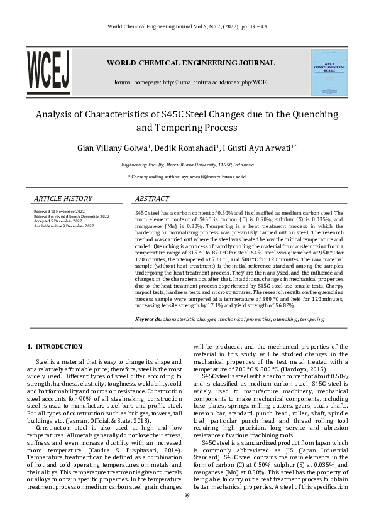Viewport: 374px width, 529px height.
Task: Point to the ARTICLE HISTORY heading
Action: (63, 199)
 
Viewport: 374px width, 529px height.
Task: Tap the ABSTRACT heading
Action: (152, 199)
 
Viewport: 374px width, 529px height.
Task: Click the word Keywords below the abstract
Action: (148, 320)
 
